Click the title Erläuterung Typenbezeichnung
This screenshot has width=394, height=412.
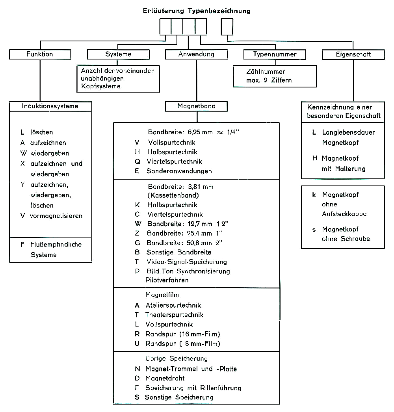pyautogui.click(x=197, y=11)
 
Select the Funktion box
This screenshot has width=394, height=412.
pyautogui.click(x=40, y=54)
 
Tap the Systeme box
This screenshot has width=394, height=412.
pyautogui.click(x=118, y=54)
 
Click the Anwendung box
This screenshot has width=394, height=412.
pyautogui.click(x=196, y=54)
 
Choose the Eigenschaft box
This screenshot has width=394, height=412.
pyautogui.click(x=353, y=54)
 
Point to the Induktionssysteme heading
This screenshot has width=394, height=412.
pyautogui.click(x=50, y=106)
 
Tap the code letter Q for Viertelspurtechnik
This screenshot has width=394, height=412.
pyautogui.click(x=137, y=161)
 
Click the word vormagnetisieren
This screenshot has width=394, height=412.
pyautogui.click(x=56, y=216)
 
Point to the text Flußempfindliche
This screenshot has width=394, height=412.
pyautogui.click(x=56, y=245)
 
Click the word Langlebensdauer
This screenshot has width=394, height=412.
pyautogui.click(x=348, y=132)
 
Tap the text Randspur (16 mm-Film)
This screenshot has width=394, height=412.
pyautogui.click(x=182, y=334)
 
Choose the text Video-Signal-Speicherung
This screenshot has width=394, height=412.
pyautogui.click(x=186, y=262)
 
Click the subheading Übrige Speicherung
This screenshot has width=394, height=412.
pyautogui.click(x=176, y=358)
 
